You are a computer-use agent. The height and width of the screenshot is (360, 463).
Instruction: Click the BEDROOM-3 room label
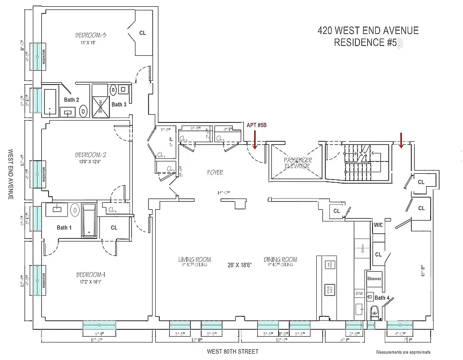(x=90, y=35)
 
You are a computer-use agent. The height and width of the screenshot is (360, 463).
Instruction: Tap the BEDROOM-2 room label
(x=90, y=155)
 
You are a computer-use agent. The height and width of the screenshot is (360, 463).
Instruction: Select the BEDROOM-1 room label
(x=90, y=274)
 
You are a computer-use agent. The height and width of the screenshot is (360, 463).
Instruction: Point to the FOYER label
(x=215, y=172)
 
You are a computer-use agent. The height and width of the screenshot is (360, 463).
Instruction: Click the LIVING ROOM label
(x=194, y=260)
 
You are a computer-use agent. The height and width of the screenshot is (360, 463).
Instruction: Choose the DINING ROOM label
(x=280, y=260)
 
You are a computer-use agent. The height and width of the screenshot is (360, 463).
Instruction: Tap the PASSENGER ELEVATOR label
(x=297, y=163)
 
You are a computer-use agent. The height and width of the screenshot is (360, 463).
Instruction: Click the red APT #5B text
(x=256, y=125)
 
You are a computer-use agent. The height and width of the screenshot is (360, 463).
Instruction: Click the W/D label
(x=378, y=225)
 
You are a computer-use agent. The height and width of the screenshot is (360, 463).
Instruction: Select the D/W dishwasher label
(x=360, y=293)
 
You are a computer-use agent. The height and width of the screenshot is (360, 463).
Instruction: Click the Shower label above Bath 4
(x=374, y=279)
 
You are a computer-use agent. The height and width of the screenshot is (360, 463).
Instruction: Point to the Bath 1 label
(x=64, y=228)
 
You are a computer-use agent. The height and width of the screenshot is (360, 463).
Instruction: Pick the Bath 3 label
(x=119, y=104)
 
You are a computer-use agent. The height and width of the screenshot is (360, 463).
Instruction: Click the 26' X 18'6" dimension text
(x=239, y=265)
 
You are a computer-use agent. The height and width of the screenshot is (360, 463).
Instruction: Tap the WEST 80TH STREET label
(x=233, y=351)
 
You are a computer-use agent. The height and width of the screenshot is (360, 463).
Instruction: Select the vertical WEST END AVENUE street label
(x=10, y=175)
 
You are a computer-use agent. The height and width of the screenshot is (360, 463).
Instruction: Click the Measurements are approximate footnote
(x=403, y=352)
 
